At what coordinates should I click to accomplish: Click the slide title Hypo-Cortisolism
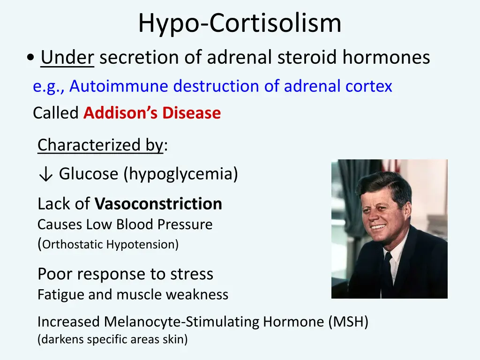(240, 23)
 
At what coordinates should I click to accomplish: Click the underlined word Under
(67, 58)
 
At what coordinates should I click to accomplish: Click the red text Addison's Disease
(152, 113)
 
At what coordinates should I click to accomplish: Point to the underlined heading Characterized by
(100, 145)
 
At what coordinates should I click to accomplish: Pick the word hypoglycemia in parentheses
(181, 174)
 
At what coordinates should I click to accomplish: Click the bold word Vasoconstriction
(158, 204)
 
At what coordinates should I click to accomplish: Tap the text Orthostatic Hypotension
(110, 245)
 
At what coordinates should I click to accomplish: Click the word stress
(192, 274)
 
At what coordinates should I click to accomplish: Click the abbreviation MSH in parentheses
(348, 322)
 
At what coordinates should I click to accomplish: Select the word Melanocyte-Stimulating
(182, 322)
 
